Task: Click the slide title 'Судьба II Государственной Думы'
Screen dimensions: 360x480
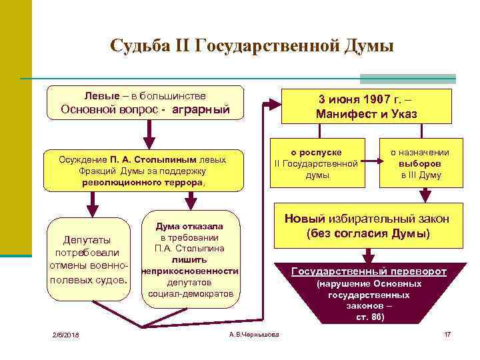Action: click(x=252, y=46)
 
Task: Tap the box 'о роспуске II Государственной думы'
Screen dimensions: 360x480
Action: click(x=316, y=163)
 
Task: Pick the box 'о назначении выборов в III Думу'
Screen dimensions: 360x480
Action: click(x=420, y=163)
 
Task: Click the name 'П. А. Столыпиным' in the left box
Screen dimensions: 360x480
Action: click(x=155, y=160)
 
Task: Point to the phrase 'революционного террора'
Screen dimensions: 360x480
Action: click(x=143, y=182)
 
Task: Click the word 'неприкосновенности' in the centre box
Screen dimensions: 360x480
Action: click(x=190, y=271)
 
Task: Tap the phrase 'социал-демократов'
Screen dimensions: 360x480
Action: click(x=191, y=293)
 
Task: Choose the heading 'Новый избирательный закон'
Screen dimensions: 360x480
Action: click(x=367, y=219)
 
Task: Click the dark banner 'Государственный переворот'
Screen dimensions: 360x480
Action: click(x=369, y=272)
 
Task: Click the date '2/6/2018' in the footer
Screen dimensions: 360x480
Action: click(x=66, y=333)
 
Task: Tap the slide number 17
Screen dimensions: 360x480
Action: click(x=447, y=333)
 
